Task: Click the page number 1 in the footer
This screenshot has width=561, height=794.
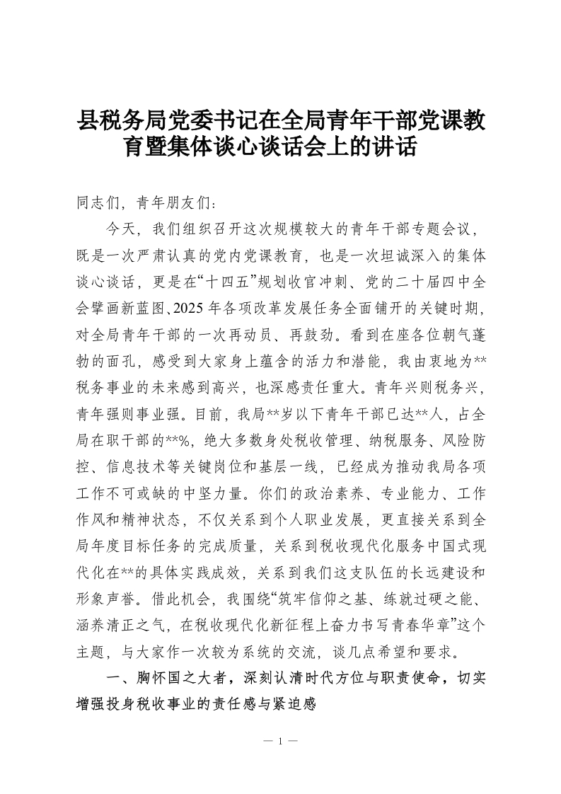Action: click(x=280, y=742)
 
